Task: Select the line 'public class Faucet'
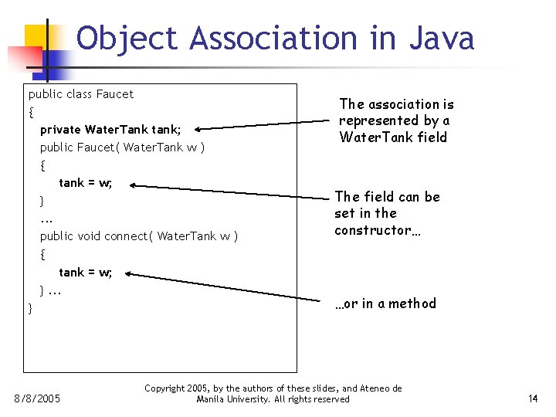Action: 81,94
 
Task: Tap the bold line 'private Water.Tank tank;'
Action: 110,130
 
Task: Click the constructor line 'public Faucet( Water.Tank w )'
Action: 122,147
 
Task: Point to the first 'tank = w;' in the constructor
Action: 86,183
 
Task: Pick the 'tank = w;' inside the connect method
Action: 86,272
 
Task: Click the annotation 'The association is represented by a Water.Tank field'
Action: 396,120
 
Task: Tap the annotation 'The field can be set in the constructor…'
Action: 387,213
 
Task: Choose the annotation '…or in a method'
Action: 385,303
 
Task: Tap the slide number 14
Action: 532,399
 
